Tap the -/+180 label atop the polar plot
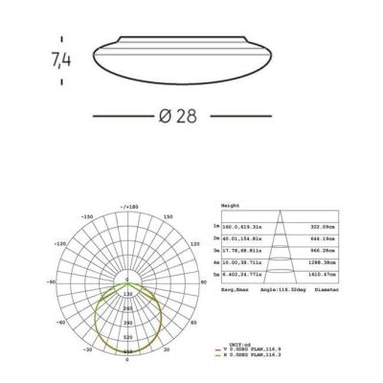pos(126,207)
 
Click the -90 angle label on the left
pos(52,284)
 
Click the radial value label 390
pos(126,325)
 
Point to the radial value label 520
pos(126,338)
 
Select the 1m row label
pos(217,228)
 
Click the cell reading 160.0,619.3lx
pos(243,228)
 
